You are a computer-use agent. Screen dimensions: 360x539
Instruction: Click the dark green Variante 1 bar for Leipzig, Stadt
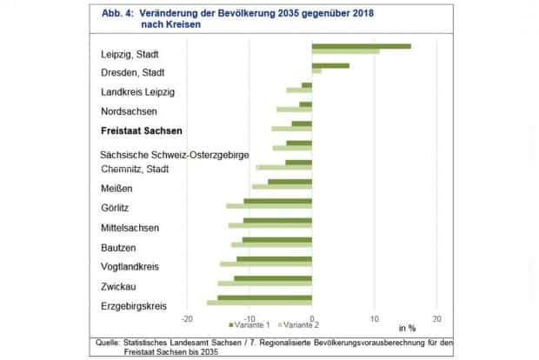[x=361, y=46]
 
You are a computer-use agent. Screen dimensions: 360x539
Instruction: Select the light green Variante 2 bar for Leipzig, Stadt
[x=345, y=52]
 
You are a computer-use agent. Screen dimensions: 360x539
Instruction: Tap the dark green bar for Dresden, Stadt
[x=330, y=65]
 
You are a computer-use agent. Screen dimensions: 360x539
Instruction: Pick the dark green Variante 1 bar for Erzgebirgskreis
[x=264, y=297]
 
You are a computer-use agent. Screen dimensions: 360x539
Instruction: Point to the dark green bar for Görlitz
[x=277, y=201]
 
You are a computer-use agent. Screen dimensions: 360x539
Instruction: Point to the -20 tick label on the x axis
[x=187, y=317]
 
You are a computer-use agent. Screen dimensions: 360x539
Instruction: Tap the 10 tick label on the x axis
[x=375, y=317]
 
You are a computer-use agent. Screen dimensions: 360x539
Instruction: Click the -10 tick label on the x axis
[x=250, y=317]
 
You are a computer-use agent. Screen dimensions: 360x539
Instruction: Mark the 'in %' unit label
[x=408, y=328]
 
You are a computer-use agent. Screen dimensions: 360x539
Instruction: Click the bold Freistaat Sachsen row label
[x=142, y=131]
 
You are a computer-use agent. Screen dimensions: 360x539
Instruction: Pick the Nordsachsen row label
[x=130, y=111]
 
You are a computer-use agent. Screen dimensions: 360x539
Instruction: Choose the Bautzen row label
[x=118, y=248]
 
